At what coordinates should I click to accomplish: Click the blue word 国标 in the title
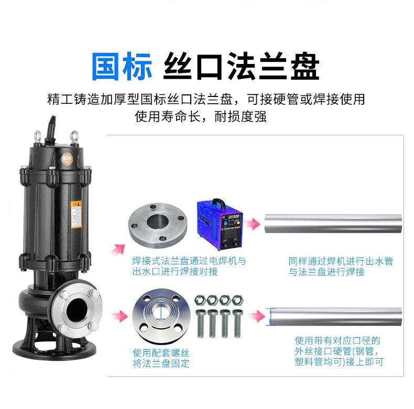point(122,66)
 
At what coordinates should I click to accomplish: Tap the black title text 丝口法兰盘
point(242,66)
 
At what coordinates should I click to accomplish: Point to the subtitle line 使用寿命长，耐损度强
point(201,116)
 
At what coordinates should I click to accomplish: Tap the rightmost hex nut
point(237,300)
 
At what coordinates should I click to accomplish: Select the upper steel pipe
point(333,224)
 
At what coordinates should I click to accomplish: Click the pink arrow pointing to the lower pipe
point(256,317)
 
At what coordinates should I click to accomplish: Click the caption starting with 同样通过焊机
point(341,266)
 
